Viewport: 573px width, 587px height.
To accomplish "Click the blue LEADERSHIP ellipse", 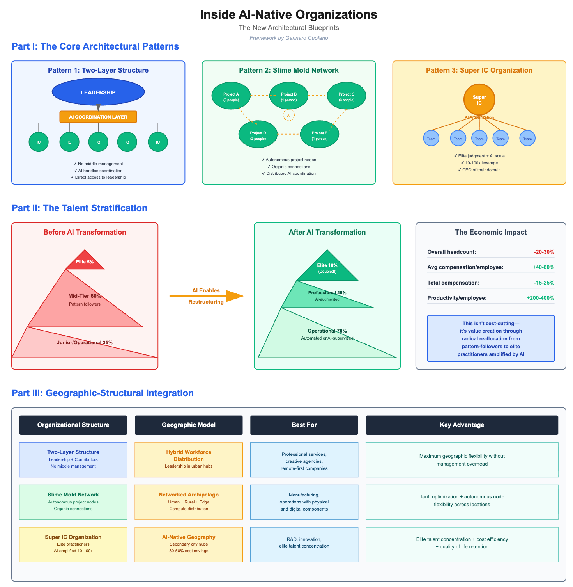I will click(98, 92).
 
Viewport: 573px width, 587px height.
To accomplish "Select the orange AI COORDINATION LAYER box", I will click(98, 117).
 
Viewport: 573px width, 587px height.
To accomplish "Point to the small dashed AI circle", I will click(288, 116).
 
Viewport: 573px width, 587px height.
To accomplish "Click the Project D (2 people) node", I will click(258, 135).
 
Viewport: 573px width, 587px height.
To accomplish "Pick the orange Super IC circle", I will click(479, 100).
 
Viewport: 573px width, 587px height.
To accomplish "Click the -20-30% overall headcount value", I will click(544, 252).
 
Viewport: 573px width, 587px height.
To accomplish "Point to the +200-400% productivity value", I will click(540, 298).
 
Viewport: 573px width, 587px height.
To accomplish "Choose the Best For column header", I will click(304, 425).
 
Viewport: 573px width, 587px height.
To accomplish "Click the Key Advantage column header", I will click(462, 425).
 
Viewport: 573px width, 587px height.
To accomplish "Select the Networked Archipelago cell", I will click(189, 502).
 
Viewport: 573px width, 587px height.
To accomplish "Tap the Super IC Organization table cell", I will click(73, 544).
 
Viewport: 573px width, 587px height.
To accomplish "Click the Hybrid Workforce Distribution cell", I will click(189, 459).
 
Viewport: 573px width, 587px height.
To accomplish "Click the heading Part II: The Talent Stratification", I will click(80, 208).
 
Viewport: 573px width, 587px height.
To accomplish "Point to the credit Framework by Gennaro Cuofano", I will click(288, 38).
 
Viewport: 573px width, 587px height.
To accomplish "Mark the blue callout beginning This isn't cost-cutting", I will click(491, 338).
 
